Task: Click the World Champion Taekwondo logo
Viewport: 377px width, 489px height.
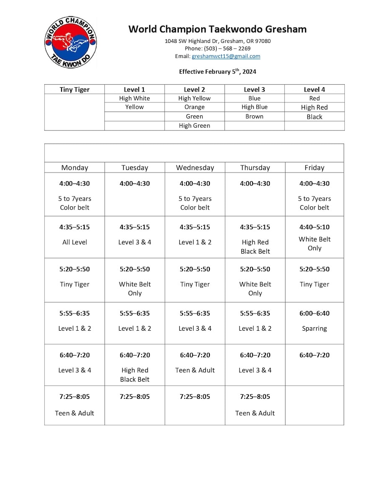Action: pos(70,42)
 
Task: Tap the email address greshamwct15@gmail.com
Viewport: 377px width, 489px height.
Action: pos(226,56)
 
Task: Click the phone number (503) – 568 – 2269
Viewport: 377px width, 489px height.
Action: pos(217,49)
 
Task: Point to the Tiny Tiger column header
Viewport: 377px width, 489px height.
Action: pos(75,89)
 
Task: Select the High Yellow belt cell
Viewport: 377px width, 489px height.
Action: pos(194,98)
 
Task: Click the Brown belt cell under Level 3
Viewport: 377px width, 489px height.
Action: pos(254,116)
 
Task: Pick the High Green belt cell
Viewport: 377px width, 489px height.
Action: pos(194,126)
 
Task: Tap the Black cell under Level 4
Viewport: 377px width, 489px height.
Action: pos(314,117)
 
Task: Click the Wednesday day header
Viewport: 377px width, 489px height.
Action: pos(195,167)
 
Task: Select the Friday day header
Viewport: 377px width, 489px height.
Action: pos(314,167)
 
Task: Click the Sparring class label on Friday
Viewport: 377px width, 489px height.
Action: pos(314,329)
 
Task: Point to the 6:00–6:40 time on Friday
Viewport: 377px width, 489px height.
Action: pos(314,313)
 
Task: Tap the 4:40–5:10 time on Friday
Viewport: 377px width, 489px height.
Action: pos(314,227)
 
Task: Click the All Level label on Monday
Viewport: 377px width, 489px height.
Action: pos(75,242)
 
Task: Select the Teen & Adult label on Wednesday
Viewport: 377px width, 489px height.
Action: pos(195,370)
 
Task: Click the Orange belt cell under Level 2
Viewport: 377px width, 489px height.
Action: pos(194,107)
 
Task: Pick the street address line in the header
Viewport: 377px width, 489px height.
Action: pos(217,41)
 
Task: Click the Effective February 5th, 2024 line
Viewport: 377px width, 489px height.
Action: pos(217,71)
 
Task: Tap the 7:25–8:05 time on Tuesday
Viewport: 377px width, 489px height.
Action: pos(134,397)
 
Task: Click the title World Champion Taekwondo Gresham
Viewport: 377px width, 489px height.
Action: pos(217,29)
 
